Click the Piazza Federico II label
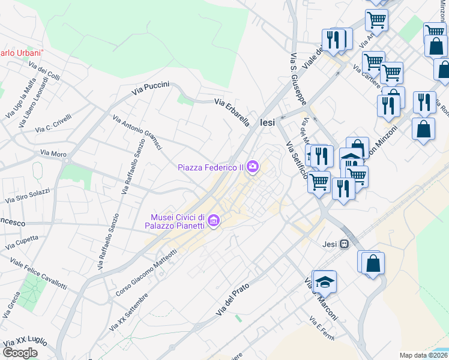tap(210, 167)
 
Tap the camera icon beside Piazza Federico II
tap(253, 167)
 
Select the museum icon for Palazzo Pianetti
tap(212, 222)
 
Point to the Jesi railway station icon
tap(345, 244)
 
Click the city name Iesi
tap(267, 122)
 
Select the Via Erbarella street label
tap(232, 112)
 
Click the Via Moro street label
tap(53, 154)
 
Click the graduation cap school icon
tap(325, 282)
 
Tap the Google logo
tap(20, 353)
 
